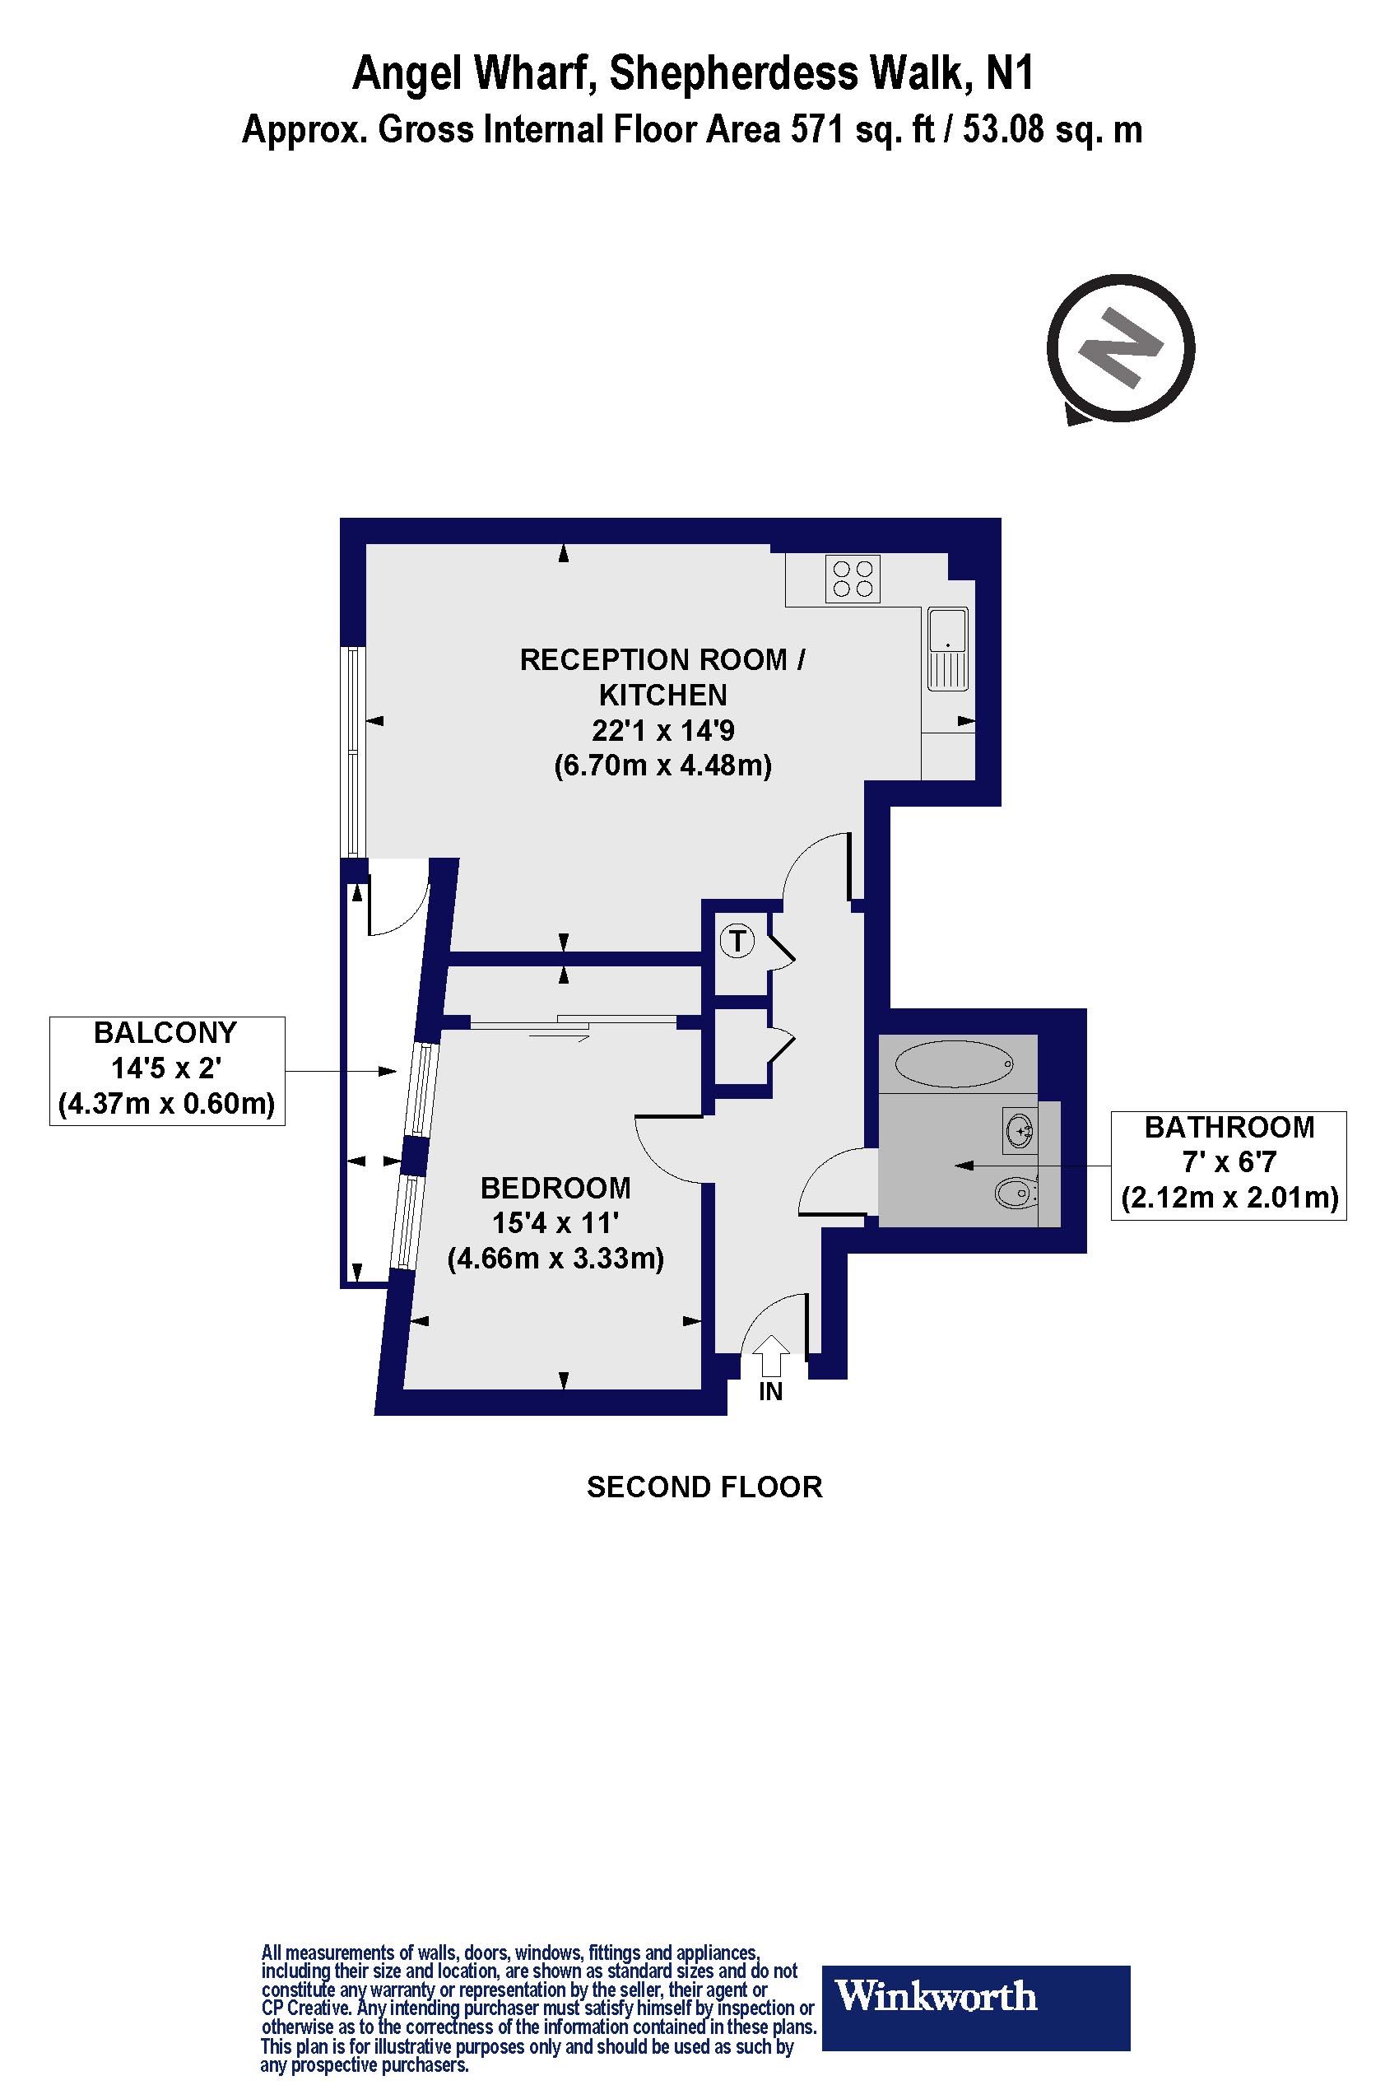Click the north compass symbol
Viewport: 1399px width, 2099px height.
click(1120, 348)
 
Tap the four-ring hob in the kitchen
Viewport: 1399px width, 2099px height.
click(853, 579)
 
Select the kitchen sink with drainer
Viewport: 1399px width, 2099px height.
click(947, 649)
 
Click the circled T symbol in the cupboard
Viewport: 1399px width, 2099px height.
click(737, 941)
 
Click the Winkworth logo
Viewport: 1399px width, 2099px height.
click(975, 1996)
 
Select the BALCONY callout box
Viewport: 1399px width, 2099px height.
click(167, 1070)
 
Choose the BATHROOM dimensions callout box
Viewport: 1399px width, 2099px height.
click(1229, 1165)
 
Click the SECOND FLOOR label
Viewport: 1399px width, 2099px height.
click(704, 1487)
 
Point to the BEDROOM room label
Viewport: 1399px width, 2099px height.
click(555, 1188)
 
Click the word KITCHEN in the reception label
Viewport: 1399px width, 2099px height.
click(663, 696)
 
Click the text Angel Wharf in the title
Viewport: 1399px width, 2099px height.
click(474, 73)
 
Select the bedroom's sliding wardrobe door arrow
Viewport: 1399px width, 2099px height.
click(559, 1037)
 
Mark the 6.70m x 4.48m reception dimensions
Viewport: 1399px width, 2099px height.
click(663, 766)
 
